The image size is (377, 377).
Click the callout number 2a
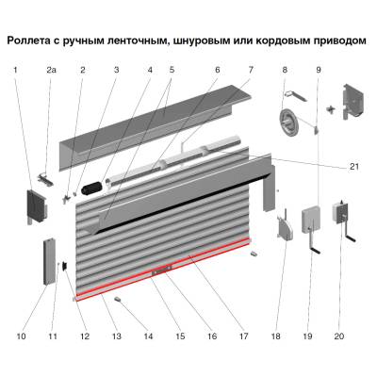coord(51,70)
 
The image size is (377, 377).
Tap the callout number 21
coord(354,167)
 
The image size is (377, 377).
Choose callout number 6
coord(217,70)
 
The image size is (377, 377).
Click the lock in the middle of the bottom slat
coord(161,274)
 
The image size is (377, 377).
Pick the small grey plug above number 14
coord(121,298)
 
